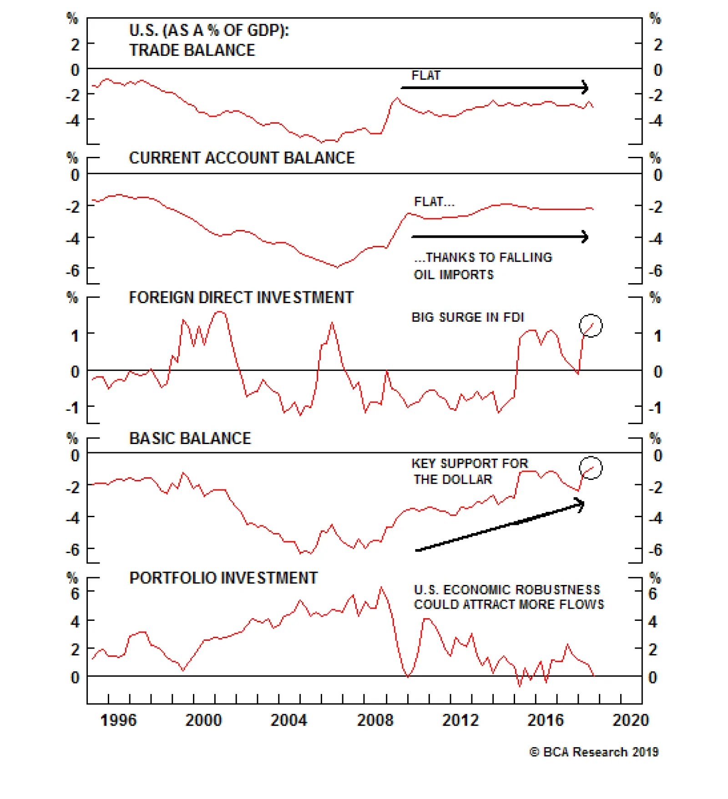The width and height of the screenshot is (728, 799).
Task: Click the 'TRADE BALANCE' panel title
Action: [192, 50]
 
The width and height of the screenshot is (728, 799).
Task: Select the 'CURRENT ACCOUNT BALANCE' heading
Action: [242, 158]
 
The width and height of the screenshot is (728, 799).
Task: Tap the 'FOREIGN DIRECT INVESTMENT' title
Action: [241, 297]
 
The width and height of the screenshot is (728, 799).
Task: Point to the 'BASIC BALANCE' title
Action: [190, 438]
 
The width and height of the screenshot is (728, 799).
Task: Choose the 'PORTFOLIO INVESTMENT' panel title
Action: [223, 578]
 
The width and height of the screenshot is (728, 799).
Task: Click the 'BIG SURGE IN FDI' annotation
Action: [468, 317]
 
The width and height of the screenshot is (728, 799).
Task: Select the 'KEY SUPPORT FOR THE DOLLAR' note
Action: [469, 471]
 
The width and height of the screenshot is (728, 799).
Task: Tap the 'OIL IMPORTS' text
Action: [454, 275]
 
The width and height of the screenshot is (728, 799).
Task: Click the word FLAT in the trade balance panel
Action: [426, 75]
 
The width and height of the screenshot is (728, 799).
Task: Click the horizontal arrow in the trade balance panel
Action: [495, 88]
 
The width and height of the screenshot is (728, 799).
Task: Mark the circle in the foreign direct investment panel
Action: [591, 325]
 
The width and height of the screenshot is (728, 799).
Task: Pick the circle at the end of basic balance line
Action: [591, 468]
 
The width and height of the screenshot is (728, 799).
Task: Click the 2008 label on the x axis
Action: [375, 720]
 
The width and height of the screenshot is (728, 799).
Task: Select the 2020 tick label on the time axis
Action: [631, 720]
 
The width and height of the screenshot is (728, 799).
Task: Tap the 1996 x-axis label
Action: [118, 720]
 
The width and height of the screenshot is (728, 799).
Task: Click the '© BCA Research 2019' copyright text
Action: [594, 752]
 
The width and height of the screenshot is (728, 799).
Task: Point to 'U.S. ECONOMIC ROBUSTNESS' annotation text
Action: [507, 589]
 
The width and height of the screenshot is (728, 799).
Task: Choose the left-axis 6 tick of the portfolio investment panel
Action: [75, 593]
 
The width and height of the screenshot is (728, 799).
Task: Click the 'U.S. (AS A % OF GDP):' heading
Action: [209, 30]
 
